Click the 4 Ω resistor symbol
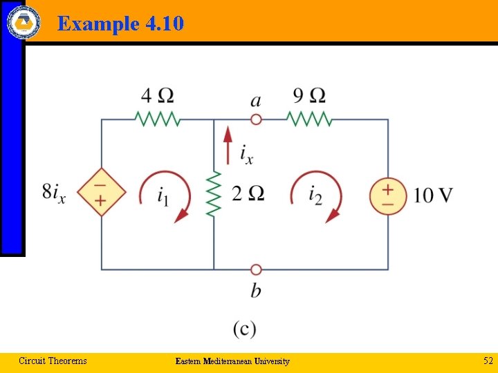pyautogui.click(x=158, y=119)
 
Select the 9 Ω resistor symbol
pyautogui.click(x=310, y=119)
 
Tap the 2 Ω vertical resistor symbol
pyautogui.click(x=214, y=194)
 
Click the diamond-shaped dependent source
pyautogui.click(x=102, y=192)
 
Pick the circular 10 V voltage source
pyautogui.click(x=387, y=194)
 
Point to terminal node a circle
pyautogui.click(x=256, y=119)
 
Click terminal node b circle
pyautogui.click(x=256, y=269)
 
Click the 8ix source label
pyautogui.click(x=54, y=193)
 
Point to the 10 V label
pyautogui.click(x=434, y=195)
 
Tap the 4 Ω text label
pyautogui.click(x=158, y=95)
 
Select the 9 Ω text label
pyautogui.click(x=309, y=95)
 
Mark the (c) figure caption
pyautogui.click(x=245, y=329)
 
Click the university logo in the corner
pyautogui.click(x=24, y=21)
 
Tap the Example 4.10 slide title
pyautogui.click(x=120, y=24)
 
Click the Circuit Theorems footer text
pyautogui.click(x=53, y=361)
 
